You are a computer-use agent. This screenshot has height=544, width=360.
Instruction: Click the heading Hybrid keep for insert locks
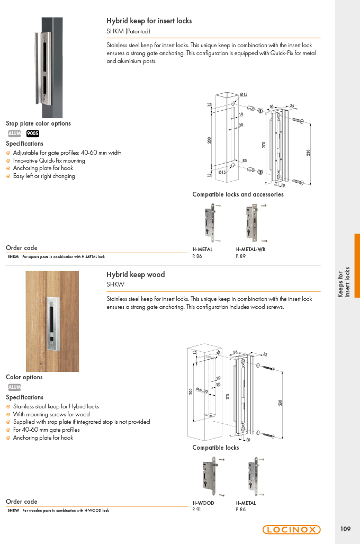(149, 21)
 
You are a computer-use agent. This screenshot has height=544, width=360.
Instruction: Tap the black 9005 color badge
(33, 133)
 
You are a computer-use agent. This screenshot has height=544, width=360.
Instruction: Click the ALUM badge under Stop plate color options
(15, 133)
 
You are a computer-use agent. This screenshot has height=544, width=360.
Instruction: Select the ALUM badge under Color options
(15, 387)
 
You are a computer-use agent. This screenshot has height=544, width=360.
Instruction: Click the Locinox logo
(291, 529)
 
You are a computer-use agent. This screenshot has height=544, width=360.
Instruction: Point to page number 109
(345, 529)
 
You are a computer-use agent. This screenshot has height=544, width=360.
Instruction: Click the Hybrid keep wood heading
(136, 274)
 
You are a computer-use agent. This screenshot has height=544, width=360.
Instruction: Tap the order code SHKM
(13, 257)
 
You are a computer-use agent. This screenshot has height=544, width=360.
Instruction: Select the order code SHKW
(13, 510)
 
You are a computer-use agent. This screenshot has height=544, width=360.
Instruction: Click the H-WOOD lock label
(203, 503)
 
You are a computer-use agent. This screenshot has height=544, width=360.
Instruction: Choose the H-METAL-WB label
(250, 249)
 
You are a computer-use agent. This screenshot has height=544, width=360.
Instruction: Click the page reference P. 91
(196, 510)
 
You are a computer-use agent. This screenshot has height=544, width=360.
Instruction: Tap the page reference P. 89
(241, 256)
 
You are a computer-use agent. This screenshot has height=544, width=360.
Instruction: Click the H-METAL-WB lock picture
(256, 222)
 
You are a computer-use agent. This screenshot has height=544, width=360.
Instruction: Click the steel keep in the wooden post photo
(53, 323)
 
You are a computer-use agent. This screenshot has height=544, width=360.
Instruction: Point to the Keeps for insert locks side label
(344, 282)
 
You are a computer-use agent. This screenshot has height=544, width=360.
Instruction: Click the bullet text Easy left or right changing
(44, 176)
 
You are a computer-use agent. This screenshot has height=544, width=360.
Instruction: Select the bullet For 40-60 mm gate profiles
(47, 430)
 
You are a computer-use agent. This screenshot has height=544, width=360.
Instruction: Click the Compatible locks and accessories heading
(238, 194)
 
